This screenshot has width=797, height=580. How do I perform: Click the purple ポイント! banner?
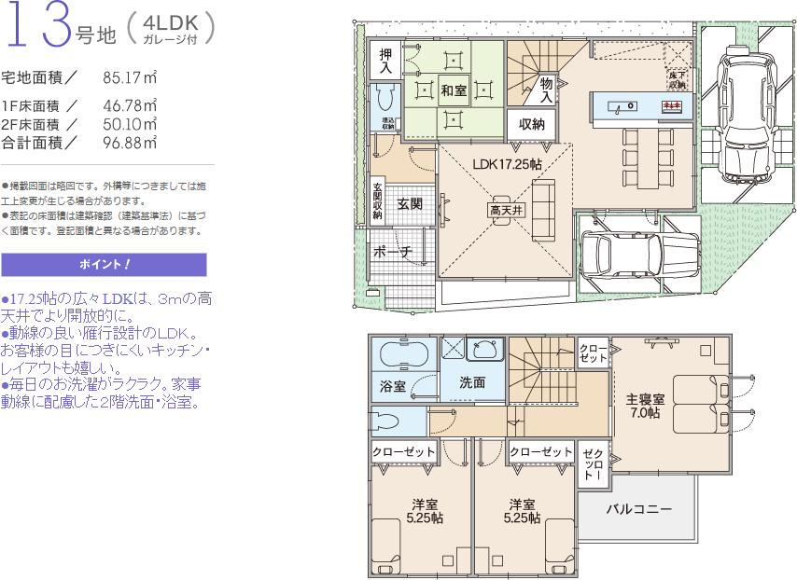click(x=104, y=264)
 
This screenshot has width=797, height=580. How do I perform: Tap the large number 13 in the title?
click(x=39, y=28)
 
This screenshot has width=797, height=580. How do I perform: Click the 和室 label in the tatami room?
click(x=454, y=90)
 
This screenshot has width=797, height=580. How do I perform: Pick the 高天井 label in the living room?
click(x=507, y=211)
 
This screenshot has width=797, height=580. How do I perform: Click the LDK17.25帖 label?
click(x=507, y=163)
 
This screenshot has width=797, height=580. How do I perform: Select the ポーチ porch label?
click(x=392, y=252)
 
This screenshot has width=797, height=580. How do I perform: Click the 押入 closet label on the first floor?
click(x=385, y=62)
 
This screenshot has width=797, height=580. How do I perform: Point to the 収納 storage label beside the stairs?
click(x=532, y=123)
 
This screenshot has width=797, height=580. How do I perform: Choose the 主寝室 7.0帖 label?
click(x=646, y=406)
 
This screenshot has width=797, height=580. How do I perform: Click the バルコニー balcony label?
click(x=638, y=510)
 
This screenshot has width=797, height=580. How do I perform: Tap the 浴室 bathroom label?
click(x=392, y=384)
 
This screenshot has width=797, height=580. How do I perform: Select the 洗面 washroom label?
click(x=472, y=382)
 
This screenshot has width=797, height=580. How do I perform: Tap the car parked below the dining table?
click(x=622, y=252)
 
